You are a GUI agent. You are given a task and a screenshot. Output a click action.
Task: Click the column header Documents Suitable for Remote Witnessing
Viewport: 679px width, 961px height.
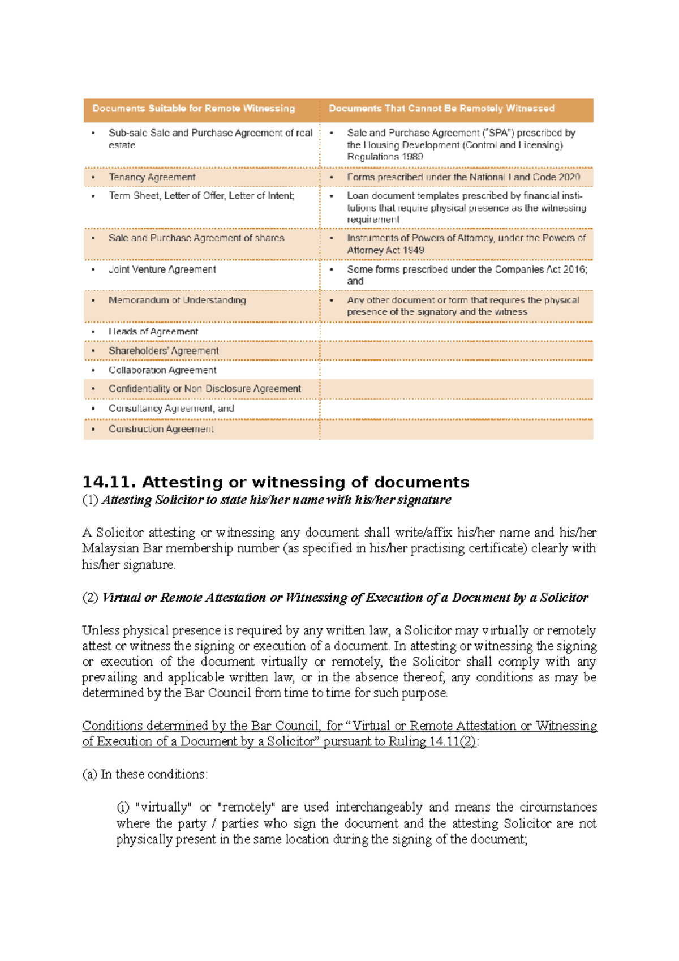tap(194, 109)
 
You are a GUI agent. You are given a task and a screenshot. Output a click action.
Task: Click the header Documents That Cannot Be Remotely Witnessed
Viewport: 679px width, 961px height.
tap(441, 109)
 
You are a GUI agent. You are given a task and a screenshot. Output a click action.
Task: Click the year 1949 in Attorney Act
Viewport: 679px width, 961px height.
tap(414, 250)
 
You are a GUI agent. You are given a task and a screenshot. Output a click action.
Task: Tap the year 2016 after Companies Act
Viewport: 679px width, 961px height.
tap(574, 269)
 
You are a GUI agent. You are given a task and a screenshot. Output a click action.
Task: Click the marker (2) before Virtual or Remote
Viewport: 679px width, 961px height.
tap(90, 598)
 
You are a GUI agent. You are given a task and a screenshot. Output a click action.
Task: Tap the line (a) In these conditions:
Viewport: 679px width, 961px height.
tap(145, 774)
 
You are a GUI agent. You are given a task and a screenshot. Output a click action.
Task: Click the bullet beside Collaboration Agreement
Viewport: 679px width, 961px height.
tap(93, 370)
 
